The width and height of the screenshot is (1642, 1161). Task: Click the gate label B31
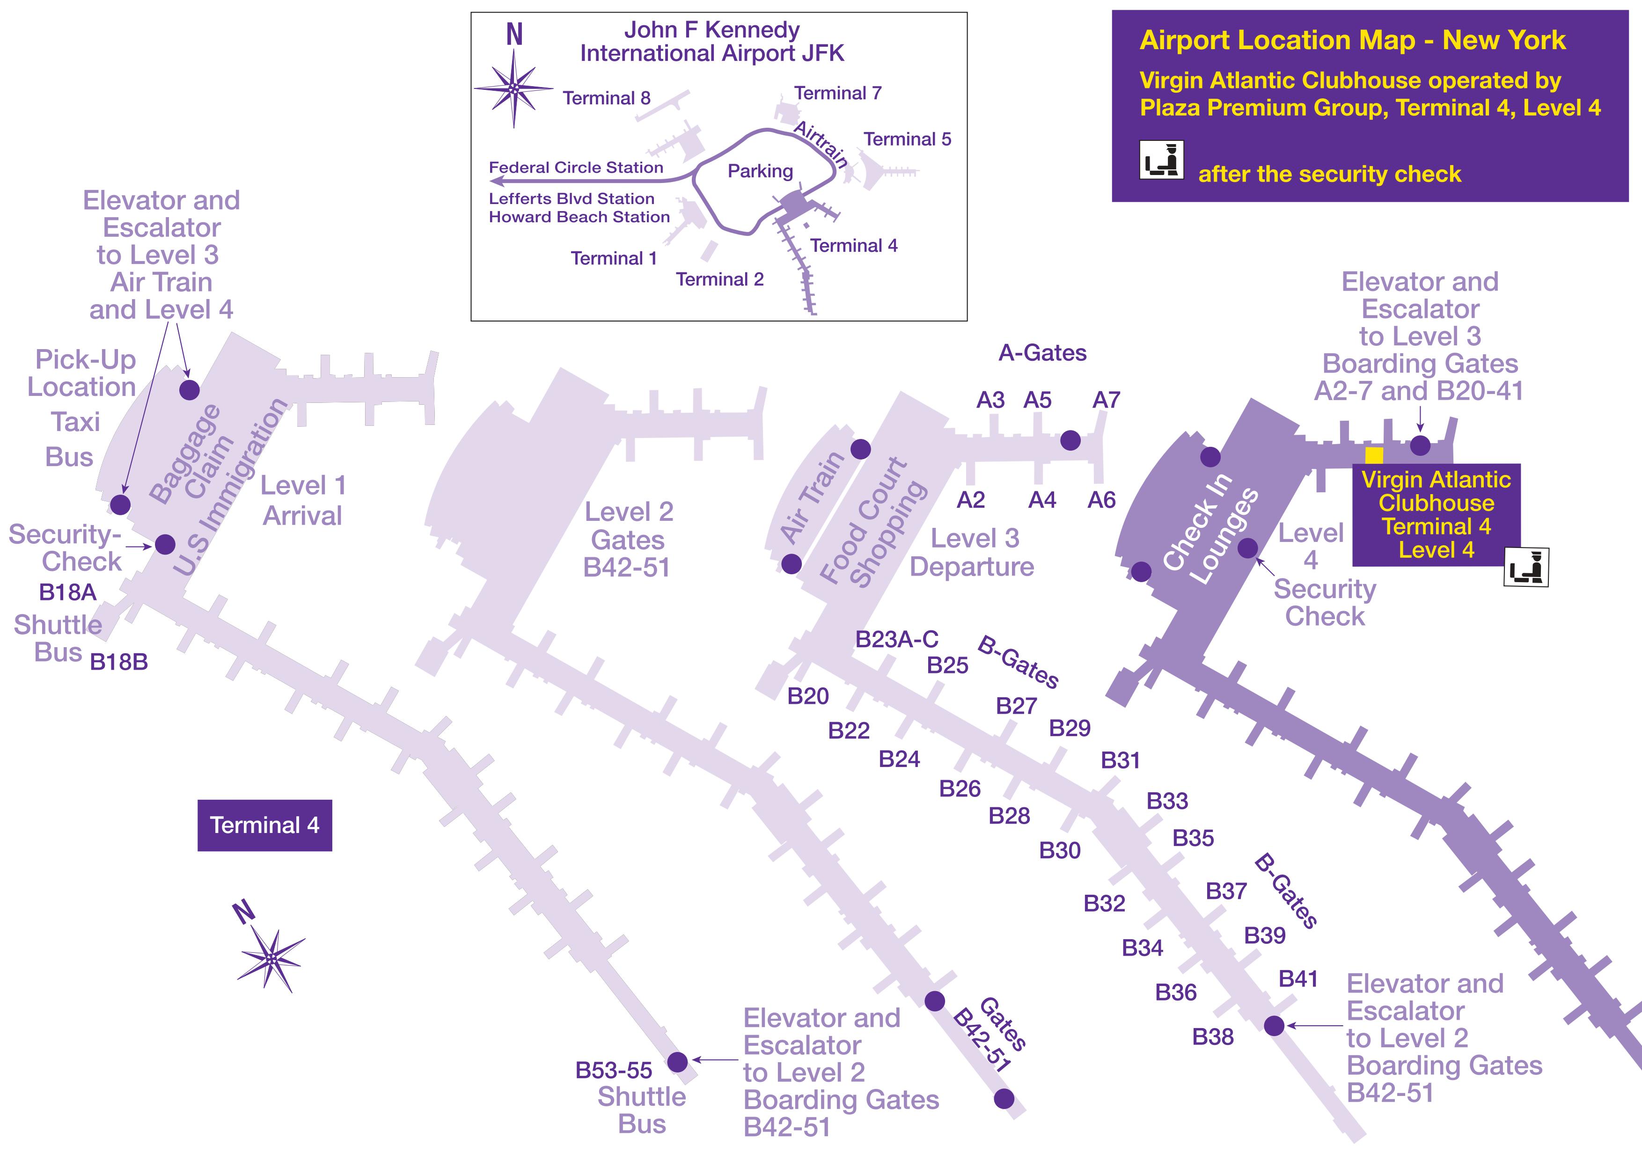coord(1120,760)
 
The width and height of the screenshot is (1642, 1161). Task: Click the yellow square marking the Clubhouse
coord(1374,455)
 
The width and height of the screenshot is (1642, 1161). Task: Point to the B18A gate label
coord(67,592)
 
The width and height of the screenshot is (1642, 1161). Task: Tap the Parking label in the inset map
coord(760,171)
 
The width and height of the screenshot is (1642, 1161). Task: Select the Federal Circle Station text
coord(576,167)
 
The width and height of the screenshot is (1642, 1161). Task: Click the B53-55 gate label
coord(614,1070)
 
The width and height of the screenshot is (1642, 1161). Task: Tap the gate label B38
coord(1213,1037)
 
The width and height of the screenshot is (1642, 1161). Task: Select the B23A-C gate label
coord(897,639)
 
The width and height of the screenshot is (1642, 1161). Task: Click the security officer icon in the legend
coord(1161,160)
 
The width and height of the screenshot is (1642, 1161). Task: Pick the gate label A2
coord(970,500)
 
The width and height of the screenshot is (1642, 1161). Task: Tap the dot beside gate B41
coord(1274,1026)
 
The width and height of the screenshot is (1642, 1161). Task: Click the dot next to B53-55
coord(677,1062)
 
